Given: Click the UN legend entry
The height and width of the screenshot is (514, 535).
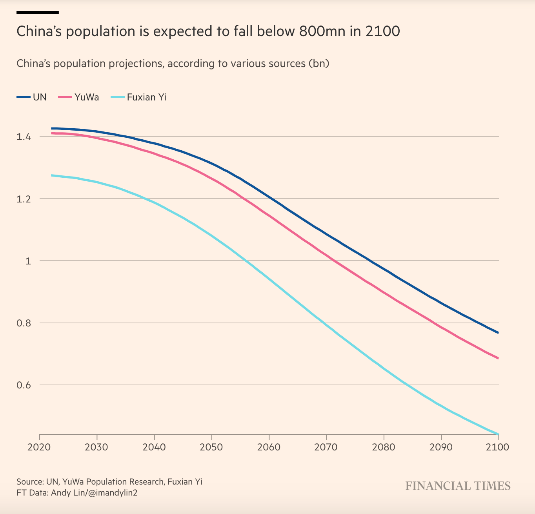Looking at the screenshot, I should [x=32, y=97].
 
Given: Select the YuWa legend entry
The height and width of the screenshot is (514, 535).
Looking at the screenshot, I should [x=79, y=97].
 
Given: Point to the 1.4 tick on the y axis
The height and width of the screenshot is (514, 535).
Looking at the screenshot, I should [x=24, y=137].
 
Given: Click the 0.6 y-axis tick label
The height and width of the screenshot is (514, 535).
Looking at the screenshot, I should [x=24, y=385].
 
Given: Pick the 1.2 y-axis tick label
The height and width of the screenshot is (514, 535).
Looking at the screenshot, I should [x=24, y=199].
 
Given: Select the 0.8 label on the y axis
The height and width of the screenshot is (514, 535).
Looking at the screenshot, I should [x=24, y=323].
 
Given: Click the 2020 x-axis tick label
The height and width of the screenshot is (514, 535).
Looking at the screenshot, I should [x=39, y=447].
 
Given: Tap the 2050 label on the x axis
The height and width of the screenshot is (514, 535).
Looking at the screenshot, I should [x=211, y=447].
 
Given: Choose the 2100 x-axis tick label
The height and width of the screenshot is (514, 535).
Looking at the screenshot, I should [x=497, y=447].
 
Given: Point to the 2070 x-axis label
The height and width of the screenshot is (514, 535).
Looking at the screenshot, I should [x=326, y=447].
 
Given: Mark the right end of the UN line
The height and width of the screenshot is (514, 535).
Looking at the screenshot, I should [x=498, y=333].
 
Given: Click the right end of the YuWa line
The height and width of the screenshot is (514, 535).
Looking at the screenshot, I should [x=498, y=358].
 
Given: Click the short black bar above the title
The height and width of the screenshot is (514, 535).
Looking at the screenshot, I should [x=38, y=12].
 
